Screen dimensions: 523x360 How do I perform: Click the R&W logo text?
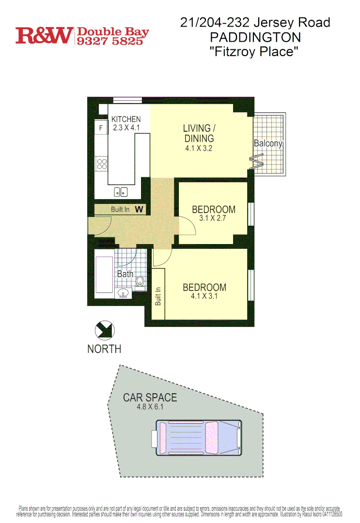click(x=44, y=35)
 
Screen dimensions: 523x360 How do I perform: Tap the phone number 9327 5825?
click(x=110, y=41)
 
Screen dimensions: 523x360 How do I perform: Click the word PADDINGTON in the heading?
click(x=255, y=37)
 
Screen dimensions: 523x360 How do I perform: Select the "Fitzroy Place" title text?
click(x=255, y=51)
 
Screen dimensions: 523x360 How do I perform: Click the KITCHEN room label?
click(x=126, y=120)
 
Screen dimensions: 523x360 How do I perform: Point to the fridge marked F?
click(x=101, y=128)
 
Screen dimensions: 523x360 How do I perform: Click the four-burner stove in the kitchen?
click(x=101, y=164)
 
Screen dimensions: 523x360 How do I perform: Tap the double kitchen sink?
click(x=121, y=192)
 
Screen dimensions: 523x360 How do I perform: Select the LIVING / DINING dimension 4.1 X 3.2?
click(x=199, y=149)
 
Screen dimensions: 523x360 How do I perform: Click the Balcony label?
click(x=268, y=143)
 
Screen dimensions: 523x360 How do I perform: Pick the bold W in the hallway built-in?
click(x=139, y=209)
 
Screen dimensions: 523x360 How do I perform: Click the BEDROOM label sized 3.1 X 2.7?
click(x=214, y=210)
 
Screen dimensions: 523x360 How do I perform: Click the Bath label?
click(x=125, y=274)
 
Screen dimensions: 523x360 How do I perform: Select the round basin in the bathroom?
click(x=124, y=292)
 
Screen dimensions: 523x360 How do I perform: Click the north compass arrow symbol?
click(x=104, y=331)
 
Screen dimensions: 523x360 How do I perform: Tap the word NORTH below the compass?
click(x=104, y=349)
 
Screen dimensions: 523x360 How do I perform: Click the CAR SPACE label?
click(x=150, y=398)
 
